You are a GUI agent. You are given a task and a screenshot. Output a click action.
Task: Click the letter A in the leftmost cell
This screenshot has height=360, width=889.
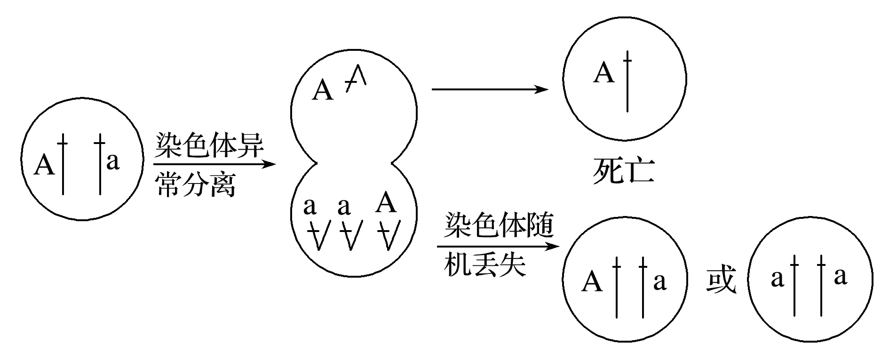45,165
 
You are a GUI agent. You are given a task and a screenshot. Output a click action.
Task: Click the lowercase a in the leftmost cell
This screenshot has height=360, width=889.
113,161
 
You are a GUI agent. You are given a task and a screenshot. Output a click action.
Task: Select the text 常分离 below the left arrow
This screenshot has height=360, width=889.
196,184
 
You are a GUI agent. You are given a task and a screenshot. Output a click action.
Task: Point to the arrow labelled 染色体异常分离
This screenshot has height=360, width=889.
214,164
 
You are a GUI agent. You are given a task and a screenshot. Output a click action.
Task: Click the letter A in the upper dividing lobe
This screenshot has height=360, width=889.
323,90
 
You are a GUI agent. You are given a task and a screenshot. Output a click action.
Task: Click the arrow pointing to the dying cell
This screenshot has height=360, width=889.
490,89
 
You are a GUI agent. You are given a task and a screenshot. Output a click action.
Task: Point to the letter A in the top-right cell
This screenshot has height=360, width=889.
604,73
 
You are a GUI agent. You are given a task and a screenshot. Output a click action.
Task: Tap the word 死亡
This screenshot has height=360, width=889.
623,170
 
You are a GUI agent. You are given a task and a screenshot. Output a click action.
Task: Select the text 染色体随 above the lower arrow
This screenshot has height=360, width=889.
499,226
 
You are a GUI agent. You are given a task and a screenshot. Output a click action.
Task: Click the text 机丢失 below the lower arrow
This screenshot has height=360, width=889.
484,265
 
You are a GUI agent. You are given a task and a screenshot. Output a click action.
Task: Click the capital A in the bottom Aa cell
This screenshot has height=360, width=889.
592,282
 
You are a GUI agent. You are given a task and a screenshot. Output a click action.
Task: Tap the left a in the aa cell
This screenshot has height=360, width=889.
778,279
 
